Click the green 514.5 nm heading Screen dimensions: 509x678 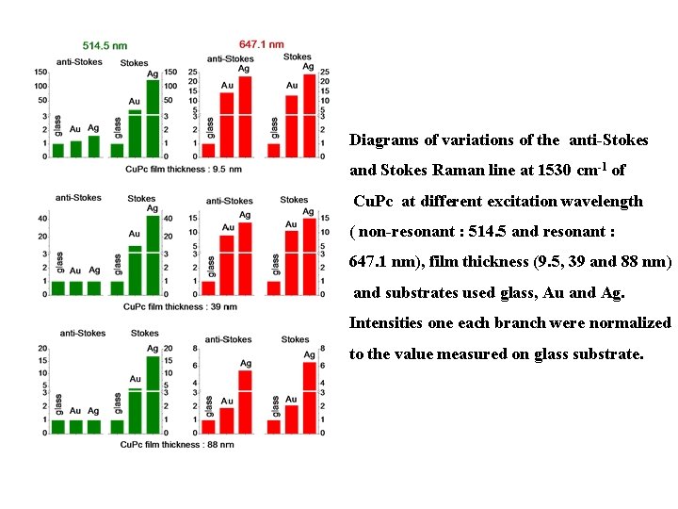pos(105,44)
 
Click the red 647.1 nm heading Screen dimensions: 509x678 pos(262,43)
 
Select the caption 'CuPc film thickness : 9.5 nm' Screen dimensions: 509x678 pos(183,169)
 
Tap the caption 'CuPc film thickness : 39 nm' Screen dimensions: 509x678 pos(179,306)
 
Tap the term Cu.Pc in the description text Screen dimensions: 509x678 pos(373,202)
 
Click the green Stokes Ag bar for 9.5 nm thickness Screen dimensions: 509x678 pos(153,118)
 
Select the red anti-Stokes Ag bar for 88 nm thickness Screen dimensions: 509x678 pos(245,402)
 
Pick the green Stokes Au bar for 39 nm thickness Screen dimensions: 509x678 pos(135,270)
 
